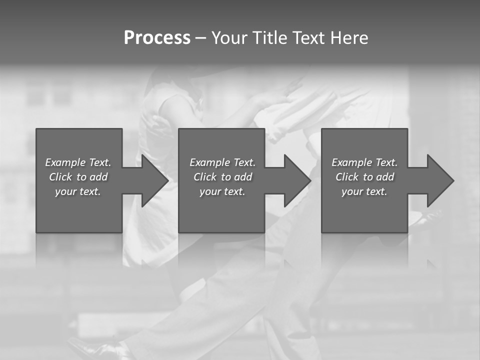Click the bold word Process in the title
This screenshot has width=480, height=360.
click(x=157, y=38)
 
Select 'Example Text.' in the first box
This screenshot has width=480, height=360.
click(x=78, y=162)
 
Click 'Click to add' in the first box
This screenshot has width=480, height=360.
click(x=78, y=177)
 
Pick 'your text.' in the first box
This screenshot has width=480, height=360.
click(x=78, y=191)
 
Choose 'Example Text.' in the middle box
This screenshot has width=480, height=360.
click(x=222, y=162)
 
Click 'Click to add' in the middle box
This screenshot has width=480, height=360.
click(x=222, y=177)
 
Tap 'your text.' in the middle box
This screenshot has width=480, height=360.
click(x=222, y=191)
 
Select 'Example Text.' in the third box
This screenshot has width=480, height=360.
click(x=364, y=162)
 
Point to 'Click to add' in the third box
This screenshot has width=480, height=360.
click(x=364, y=177)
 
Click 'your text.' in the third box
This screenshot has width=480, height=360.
click(x=364, y=191)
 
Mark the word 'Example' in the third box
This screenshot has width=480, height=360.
click(x=351, y=162)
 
